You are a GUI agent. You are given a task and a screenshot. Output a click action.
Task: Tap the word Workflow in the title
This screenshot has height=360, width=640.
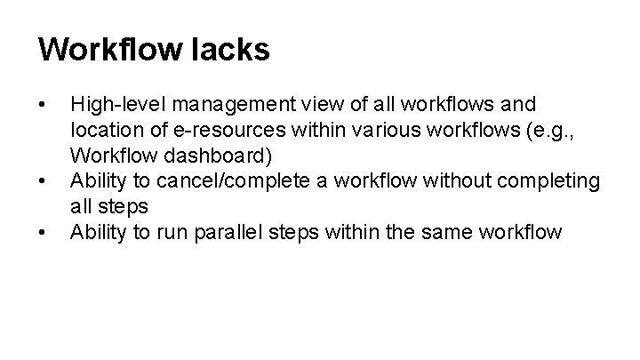109,50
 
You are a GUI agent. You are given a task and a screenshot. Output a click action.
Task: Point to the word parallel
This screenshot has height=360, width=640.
225,234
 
